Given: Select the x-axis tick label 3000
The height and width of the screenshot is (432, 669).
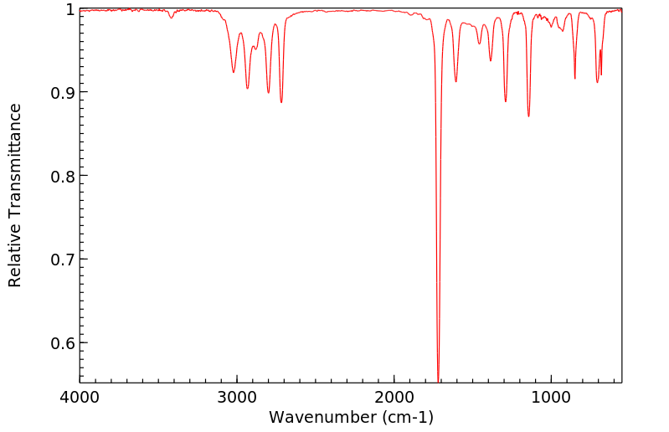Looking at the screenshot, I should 237,396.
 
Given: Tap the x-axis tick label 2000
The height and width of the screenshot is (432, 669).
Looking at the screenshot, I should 394,396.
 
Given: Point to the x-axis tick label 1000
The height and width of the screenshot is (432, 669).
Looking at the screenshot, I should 551,396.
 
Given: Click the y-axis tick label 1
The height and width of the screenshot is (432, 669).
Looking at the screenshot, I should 69,9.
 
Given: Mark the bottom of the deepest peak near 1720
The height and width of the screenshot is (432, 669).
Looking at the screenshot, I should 439,379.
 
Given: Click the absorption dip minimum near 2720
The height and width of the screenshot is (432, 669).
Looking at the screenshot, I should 281,102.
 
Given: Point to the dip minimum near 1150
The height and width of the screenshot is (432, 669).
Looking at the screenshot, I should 528,116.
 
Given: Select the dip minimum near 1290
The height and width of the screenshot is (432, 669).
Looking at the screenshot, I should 506,101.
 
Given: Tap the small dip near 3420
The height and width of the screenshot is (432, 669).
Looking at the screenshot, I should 171,18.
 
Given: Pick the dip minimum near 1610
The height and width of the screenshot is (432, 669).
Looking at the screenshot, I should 455,81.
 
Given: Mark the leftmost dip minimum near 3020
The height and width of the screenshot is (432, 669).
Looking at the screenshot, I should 234,72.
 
